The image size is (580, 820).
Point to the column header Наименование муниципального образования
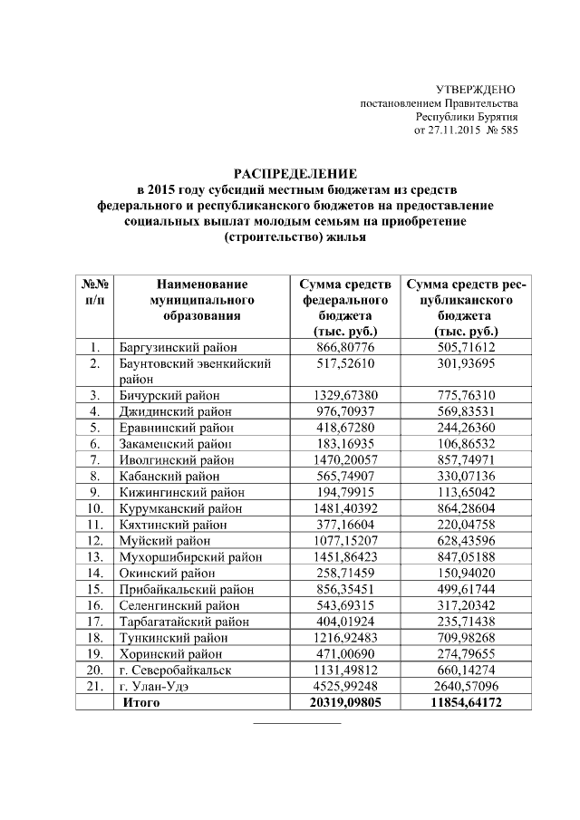202,300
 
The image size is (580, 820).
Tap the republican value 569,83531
466,411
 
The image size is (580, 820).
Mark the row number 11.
95,525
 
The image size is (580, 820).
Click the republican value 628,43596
466,541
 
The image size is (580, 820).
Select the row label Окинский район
167,573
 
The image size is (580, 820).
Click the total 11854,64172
466,702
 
